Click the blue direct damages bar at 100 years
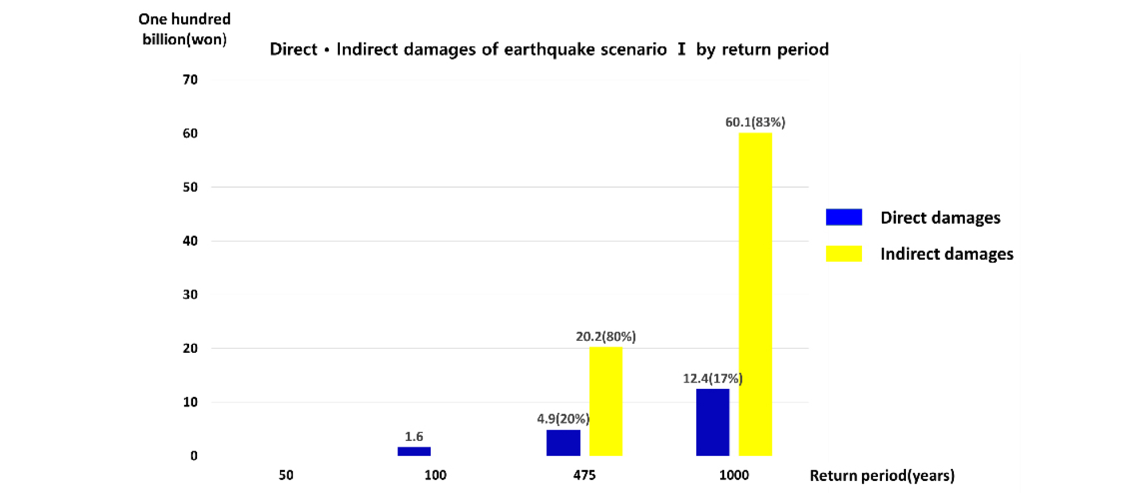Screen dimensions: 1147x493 [x=414, y=451]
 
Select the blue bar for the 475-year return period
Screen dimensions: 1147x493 [x=563, y=443]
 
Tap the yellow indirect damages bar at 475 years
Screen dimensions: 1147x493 [x=606, y=401]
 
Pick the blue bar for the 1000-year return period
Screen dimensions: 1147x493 [x=713, y=423]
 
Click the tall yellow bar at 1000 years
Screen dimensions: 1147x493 [x=755, y=295]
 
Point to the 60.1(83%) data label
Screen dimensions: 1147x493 [x=755, y=122]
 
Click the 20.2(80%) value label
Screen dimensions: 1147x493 [x=606, y=336]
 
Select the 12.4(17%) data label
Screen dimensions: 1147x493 [x=713, y=378]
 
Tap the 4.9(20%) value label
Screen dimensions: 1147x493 [x=563, y=419]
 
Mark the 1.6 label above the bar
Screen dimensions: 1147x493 [x=414, y=436]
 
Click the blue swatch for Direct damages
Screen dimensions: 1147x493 [x=844, y=217]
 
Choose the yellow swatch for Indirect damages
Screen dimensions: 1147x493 [x=844, y=253]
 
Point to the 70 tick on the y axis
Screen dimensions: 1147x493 [x=190, y=79]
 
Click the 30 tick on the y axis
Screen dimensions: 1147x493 [x=190, y=295]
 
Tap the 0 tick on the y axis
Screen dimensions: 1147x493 [x=194, y=456]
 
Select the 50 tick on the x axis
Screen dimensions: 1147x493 [x=286, y=475]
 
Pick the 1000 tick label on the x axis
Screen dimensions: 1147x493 [x=734, y=475]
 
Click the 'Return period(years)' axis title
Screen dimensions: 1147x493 [x=883, y=476]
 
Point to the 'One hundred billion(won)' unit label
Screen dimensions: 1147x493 [x=185, y=29]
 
